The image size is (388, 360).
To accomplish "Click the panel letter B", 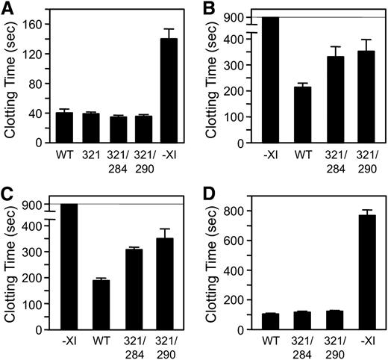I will [203, 7].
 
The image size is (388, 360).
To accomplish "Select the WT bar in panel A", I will [64, 128].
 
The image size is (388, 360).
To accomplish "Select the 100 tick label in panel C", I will [34, 305].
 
